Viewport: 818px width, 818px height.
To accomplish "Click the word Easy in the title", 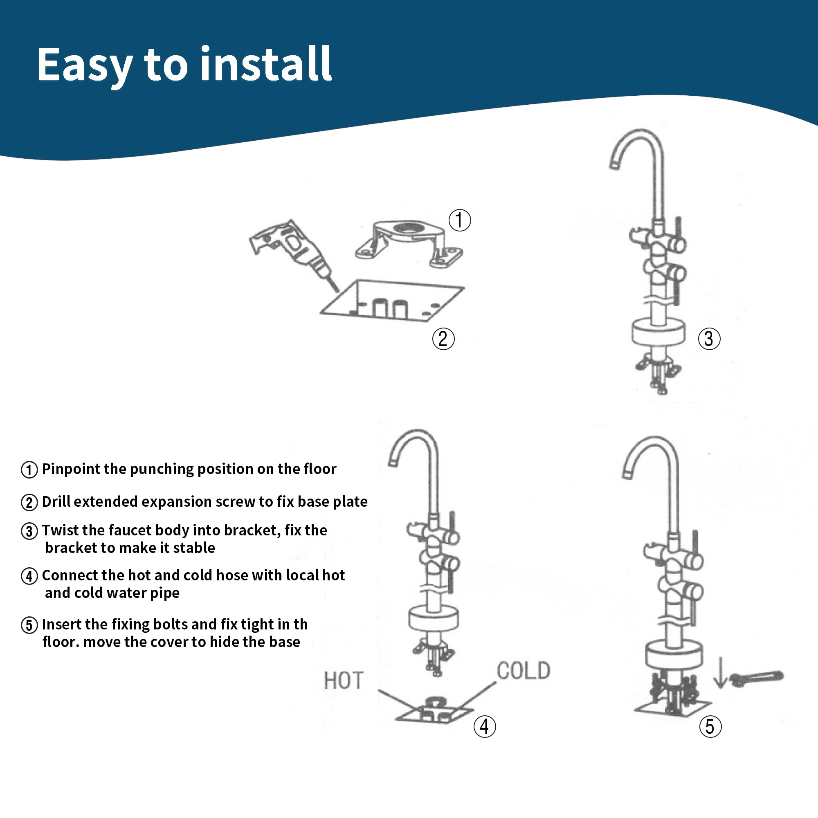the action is [85, 65].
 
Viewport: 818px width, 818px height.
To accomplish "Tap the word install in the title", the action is [265, 63].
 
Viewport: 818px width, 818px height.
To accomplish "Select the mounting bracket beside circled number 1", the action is [409, 243].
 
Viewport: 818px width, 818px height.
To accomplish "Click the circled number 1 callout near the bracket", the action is [459, 220].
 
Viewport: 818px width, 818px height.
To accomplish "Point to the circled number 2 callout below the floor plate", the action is [443, 339].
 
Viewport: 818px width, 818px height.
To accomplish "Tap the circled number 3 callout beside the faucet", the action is [709, 339].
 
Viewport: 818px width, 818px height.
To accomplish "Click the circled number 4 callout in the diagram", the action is [484, 726].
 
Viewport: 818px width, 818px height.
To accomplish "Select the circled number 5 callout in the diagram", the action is [710, 726].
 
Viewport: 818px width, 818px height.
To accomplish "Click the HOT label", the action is [344, 681].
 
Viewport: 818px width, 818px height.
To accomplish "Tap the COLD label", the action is [524, 671].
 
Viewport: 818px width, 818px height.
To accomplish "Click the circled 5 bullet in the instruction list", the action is [29, 625].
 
